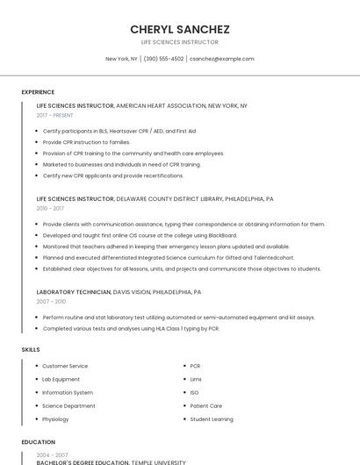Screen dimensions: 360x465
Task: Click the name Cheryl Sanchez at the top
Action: (x=180, y=29)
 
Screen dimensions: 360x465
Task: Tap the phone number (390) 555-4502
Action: (x=163, y=59)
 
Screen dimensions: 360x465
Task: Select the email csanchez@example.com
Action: (x=222, y=59)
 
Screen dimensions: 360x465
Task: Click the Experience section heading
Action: (x=38, y=92)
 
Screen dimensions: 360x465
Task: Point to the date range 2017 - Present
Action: (x=55, y=115)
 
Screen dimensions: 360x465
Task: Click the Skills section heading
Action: (x=31, y=350)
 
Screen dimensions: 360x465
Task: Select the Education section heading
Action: (x=39, y=442)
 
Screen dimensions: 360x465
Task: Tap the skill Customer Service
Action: (x=65, y=366)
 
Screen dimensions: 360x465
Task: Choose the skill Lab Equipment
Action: (x=61, y=379)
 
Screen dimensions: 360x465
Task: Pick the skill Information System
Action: (x=68, y=392)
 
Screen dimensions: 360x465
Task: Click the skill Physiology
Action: (x=56, y=419)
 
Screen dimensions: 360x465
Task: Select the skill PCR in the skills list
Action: (x=195, y=366)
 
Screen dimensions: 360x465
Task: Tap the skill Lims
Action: (x=196, y=379)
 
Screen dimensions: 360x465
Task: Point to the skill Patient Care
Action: (x=206, y=406)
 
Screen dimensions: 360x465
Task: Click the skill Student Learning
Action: (x=212, y=419)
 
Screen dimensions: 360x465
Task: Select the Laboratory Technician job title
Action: (x=74, y=291)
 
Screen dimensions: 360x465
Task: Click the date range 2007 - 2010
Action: (x=50, y=301)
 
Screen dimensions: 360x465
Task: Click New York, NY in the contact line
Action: (x=121, y=59)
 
